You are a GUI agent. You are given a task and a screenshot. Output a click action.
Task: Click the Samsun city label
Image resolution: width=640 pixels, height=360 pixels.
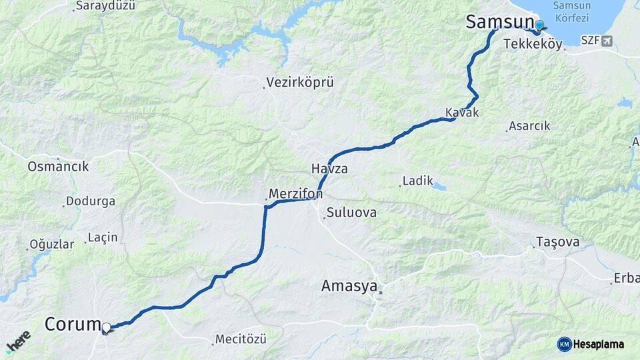(499, 22)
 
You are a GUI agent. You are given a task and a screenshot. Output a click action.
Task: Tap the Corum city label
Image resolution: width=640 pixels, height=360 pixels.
(72, 325)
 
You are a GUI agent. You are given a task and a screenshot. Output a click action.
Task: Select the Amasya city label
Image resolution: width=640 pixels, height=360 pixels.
(348, 286)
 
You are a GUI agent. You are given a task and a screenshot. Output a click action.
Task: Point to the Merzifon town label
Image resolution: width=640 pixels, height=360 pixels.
(296, 194)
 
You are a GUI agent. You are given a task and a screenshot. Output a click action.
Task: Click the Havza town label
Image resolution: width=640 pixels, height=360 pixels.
(329, 169)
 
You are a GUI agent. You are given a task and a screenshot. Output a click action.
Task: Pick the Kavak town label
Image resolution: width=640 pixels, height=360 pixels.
(462, 113)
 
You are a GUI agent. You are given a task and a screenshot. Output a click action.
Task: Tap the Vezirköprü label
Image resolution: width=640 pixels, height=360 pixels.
(299, 83)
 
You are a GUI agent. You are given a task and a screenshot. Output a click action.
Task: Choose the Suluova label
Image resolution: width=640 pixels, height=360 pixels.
(351, 213)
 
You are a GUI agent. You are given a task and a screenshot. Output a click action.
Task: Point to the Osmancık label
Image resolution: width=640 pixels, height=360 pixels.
(58, 167)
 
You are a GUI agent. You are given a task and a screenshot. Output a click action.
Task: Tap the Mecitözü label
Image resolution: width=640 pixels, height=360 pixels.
(241, 339)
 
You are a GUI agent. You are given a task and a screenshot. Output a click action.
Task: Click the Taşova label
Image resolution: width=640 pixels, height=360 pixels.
(558, 242)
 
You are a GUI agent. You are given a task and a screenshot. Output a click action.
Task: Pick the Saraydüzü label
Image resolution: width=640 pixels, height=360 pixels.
(105, 6)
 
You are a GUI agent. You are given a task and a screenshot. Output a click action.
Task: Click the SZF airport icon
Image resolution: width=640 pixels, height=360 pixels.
(606, 41)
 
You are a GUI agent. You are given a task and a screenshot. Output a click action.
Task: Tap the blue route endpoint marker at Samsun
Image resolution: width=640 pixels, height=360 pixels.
(539, 25)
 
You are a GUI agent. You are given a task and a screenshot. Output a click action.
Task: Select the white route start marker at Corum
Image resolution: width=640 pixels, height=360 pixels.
(106, 327)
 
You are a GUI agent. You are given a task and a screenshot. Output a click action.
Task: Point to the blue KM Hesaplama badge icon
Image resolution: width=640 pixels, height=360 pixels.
(564, 344)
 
